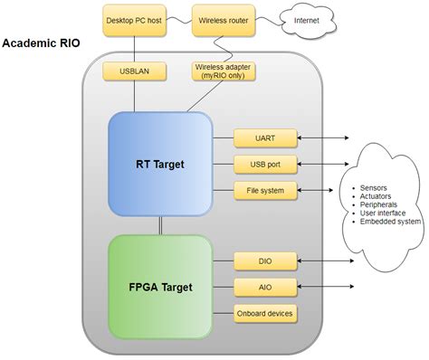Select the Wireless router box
tap(222, 18)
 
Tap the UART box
tap(264, 138)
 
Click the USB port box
tap(264, 164)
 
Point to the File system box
tap(264, 190)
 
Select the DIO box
tap(264, 262)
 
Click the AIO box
tap(264, 288)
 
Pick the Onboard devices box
tap(264, 313)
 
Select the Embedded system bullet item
tap(390, 222)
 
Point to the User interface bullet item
tap(384, 213)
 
